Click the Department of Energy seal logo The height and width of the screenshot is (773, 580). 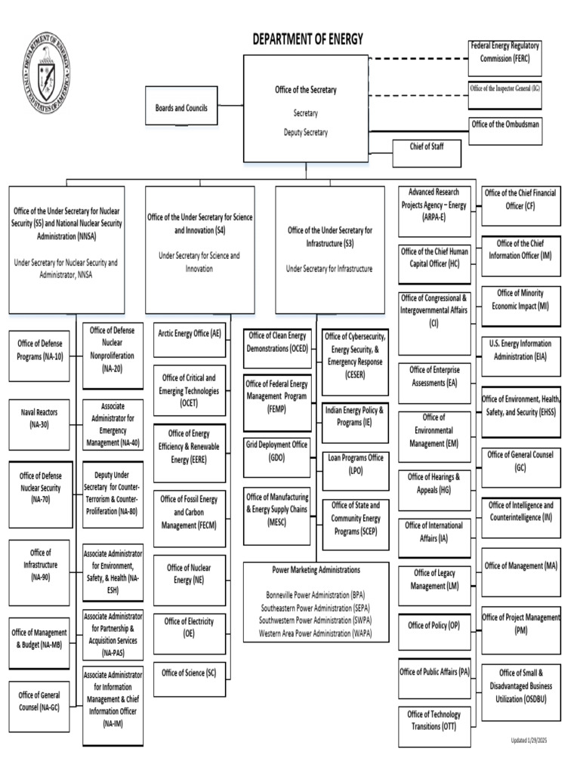(47, 74)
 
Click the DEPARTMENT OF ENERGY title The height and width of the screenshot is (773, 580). (307, 39)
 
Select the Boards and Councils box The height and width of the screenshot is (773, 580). (180, 108)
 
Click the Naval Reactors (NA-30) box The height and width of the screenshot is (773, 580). (39, 419)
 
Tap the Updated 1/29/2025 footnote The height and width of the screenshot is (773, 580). (528, 741)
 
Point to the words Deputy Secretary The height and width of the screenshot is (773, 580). (305, 132)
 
